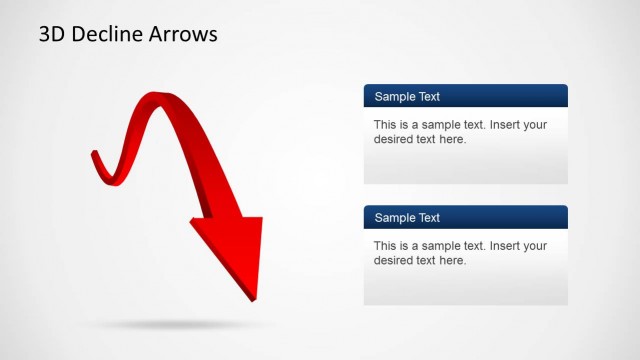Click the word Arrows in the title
(184, 34)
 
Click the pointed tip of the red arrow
(253, 298)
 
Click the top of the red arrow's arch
(151, 97)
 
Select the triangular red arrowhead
(234, 250)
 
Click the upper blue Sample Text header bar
(465, 96)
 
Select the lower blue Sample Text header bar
(465, 217)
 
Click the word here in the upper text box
(453, 139)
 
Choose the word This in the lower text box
(386, 246)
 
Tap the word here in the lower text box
(453, 260)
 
